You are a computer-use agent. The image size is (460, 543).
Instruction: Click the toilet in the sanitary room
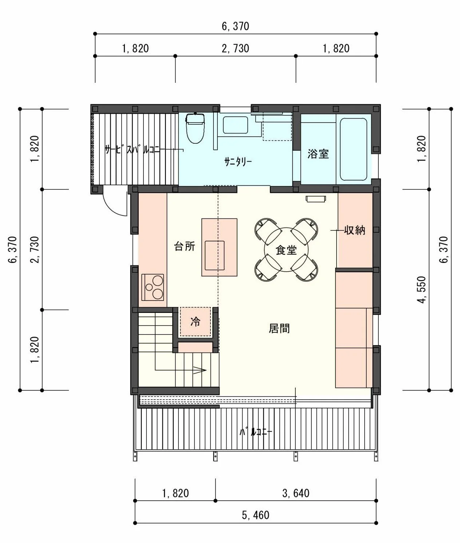point(196,128)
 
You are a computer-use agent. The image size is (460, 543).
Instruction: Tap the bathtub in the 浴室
point(353,149)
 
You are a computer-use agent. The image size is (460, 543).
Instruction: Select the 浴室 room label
point(318,154)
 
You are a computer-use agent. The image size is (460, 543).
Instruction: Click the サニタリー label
point(238,162)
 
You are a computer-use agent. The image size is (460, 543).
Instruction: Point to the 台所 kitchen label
point(184,247)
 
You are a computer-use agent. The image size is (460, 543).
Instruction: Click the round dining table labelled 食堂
point(286,249)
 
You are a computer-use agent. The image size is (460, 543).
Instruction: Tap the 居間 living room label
point(279,328)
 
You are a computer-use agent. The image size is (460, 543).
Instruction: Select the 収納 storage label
point(354,230)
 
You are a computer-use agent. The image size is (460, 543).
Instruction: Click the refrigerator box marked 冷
point(196,322)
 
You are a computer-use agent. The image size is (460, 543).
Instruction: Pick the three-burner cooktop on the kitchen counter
point(153,287)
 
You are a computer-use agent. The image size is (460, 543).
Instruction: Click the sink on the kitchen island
point(215,256)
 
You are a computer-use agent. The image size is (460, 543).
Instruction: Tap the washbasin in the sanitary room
point(235,125)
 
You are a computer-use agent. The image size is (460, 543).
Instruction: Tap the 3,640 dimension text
point(296,494)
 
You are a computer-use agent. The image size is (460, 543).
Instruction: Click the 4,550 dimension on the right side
point(421,290)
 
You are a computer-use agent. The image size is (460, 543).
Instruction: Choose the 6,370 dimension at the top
point(235,26)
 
